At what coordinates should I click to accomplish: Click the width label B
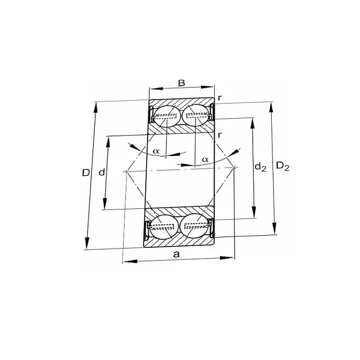click(x=181, y=83)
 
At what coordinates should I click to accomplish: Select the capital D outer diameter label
click(x=86, y=173)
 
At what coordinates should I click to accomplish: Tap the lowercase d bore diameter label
click(x=101, y=173)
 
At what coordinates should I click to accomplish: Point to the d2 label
click(x=260, y=167)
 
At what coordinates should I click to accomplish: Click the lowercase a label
click(x=176, y=254)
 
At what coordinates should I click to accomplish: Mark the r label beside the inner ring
click(x=220, y=134)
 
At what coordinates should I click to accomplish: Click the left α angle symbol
click(x=156, y=151)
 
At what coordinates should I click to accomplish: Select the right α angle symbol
click(x=205, y=159)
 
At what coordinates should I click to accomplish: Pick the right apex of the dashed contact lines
click(x=235, y=167)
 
